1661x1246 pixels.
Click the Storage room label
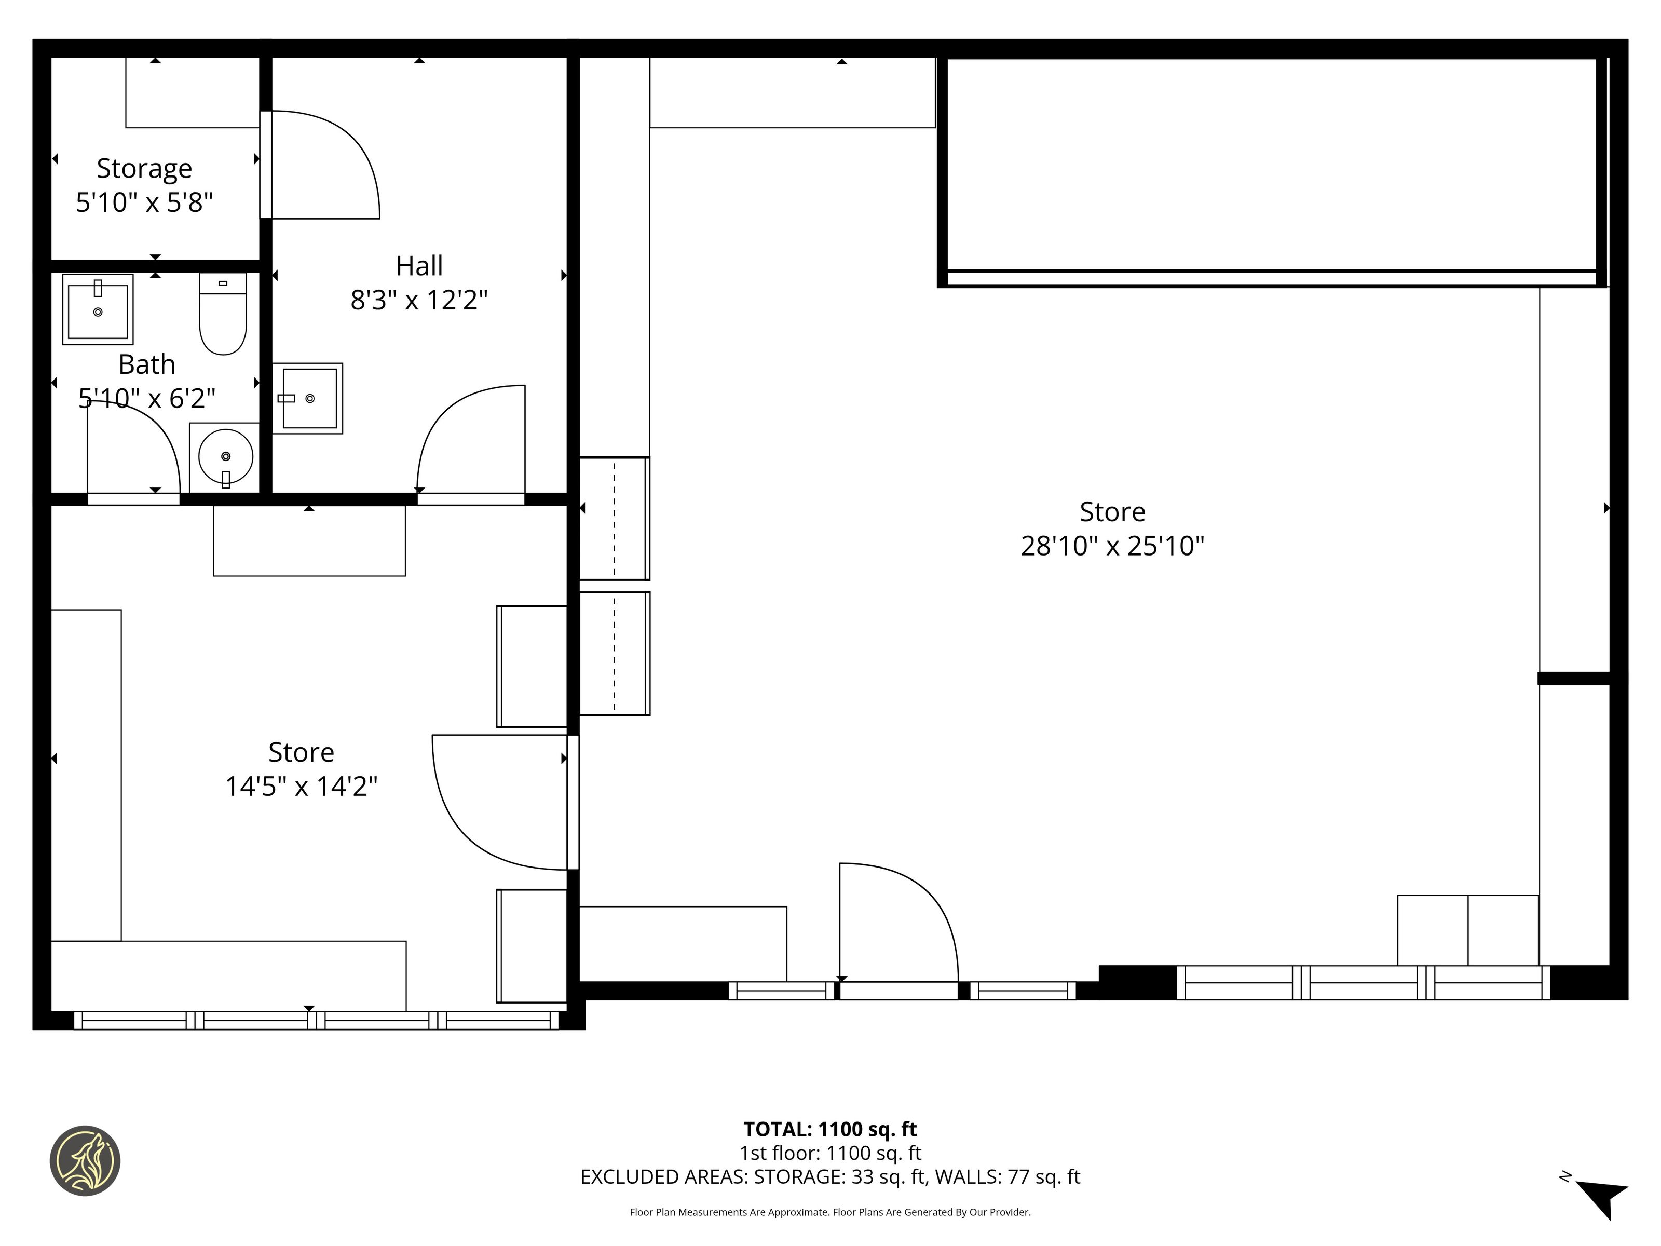144,168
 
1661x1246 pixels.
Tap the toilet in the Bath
223,313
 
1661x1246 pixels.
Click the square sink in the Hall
308,398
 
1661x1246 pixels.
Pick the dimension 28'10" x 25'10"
1112,546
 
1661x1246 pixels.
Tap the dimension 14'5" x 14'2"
301,787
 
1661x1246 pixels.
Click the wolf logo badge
85,1160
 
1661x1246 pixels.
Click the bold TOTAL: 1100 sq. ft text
830,1129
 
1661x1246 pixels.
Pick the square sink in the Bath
98,309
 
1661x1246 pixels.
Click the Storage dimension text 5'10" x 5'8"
144,203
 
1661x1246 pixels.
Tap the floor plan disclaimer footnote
830,1211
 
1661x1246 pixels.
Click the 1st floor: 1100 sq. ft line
830,1153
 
